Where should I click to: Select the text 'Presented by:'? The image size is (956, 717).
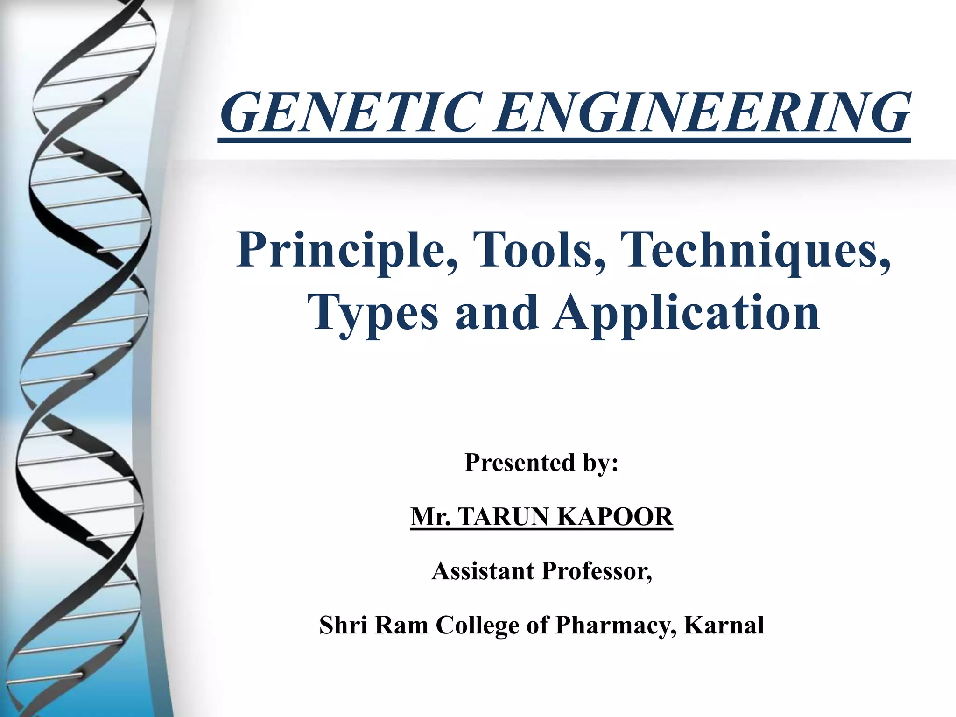click(541, 463)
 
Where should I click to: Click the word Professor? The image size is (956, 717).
click(597, 571)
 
